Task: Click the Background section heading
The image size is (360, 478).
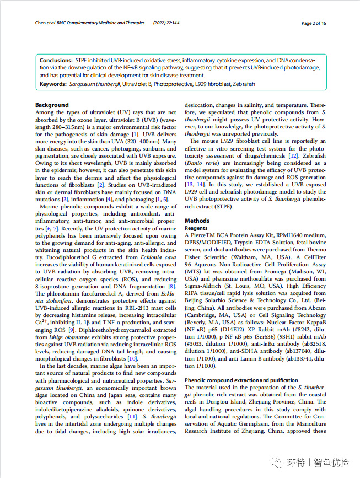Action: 52,105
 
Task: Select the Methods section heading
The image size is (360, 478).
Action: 197,220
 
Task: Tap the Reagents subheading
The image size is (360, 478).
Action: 196,228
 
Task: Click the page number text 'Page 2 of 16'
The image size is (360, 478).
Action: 314,23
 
